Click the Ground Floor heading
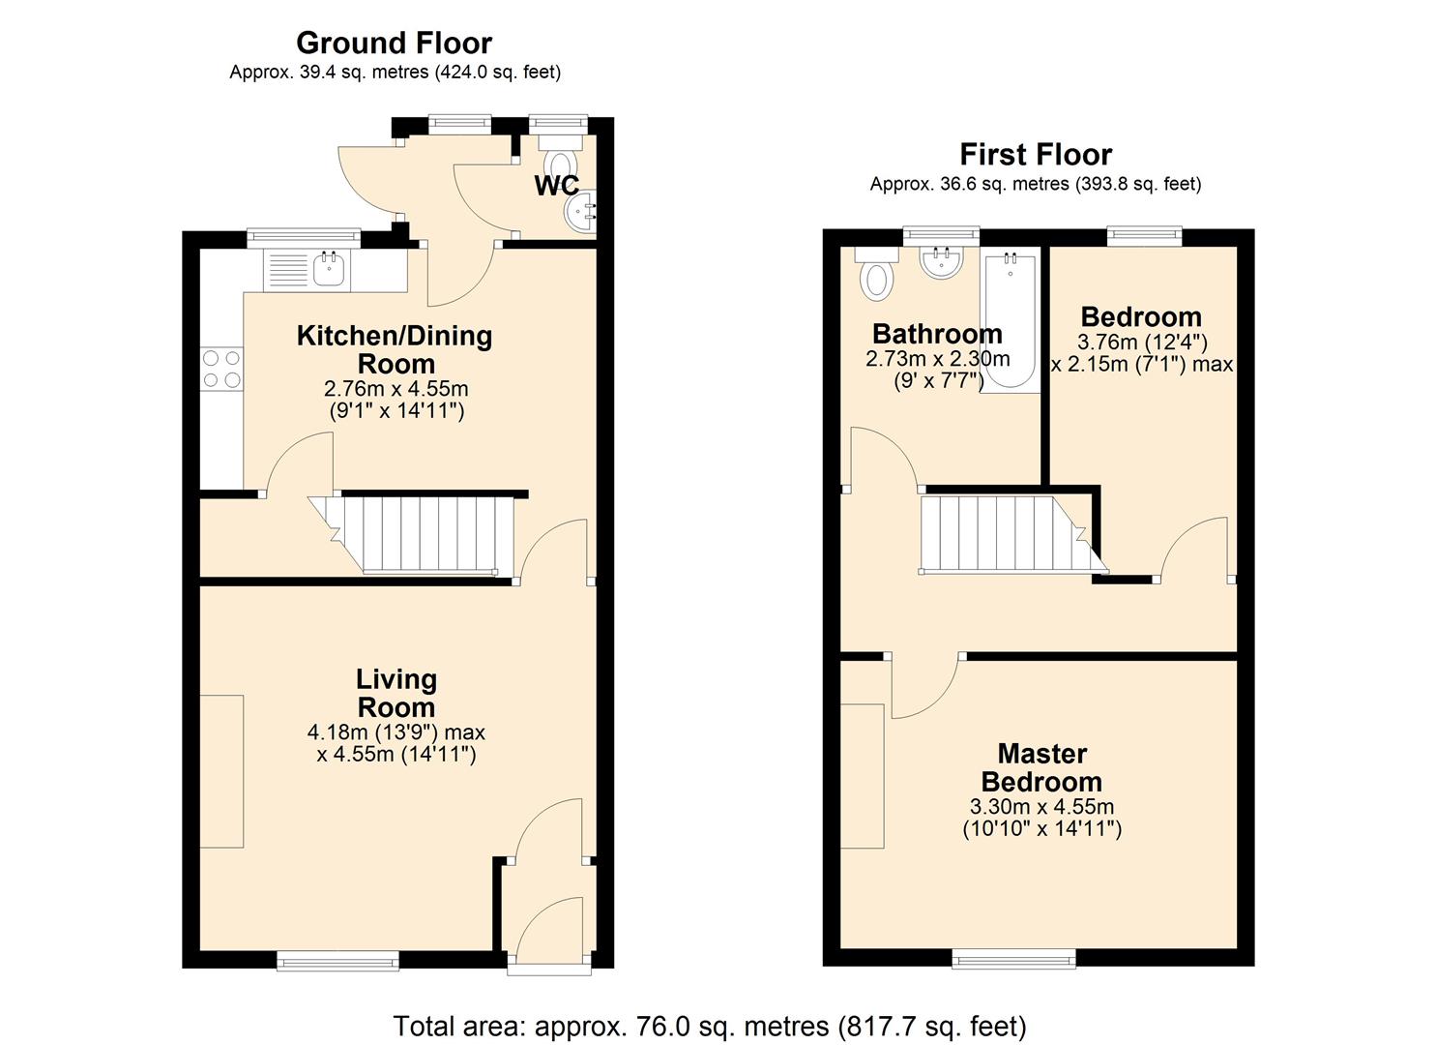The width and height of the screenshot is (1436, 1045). (x=394, y=44)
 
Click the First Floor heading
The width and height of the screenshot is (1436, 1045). (x=1035, y=155)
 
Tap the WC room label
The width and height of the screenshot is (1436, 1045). (x=556, y=186)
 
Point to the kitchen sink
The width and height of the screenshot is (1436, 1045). (x=329, y=269)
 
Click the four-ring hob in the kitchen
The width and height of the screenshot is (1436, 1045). (x=220, y=369)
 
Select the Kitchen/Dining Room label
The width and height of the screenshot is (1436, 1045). (x=395, y=349)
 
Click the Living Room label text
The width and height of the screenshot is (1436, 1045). (x=396, y=693)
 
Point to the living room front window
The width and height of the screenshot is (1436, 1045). (x=337, y=960)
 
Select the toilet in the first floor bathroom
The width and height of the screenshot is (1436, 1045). (x=877, y=276)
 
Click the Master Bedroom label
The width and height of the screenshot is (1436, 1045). (x=1041, y=767)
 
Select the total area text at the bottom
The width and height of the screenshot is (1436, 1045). (x=710, y=1026)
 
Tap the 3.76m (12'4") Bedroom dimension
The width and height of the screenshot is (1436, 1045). (x=1142, y=342)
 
